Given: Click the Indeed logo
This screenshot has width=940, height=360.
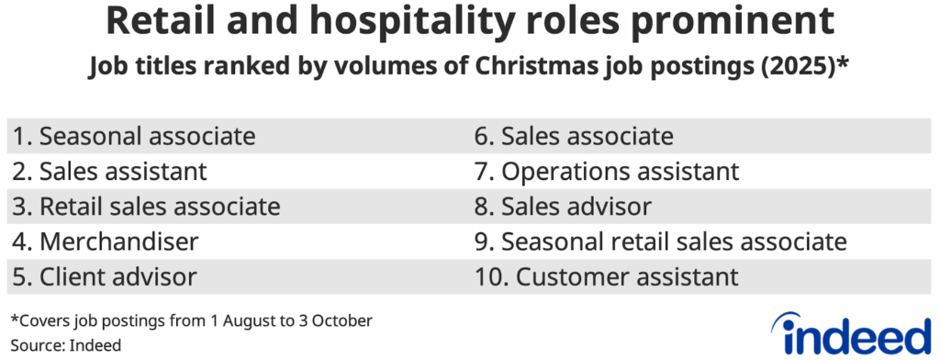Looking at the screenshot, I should [851, 332].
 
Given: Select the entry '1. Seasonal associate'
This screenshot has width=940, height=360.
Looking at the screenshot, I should [133, 137].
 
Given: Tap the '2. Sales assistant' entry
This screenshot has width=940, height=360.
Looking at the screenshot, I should [109, 171].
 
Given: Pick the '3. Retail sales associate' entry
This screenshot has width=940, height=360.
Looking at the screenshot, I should [146, 206].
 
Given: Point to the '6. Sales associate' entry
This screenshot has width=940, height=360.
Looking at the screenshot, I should [574, 137].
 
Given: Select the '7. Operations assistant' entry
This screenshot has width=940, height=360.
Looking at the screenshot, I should [606, 171].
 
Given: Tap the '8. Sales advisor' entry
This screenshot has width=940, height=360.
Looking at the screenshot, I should [563, 206].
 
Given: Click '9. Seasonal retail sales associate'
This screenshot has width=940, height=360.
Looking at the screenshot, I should [659, 241].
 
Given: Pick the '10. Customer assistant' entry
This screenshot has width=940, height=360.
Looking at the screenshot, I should [606, 275].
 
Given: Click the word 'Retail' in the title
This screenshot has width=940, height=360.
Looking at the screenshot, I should [146, 20].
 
